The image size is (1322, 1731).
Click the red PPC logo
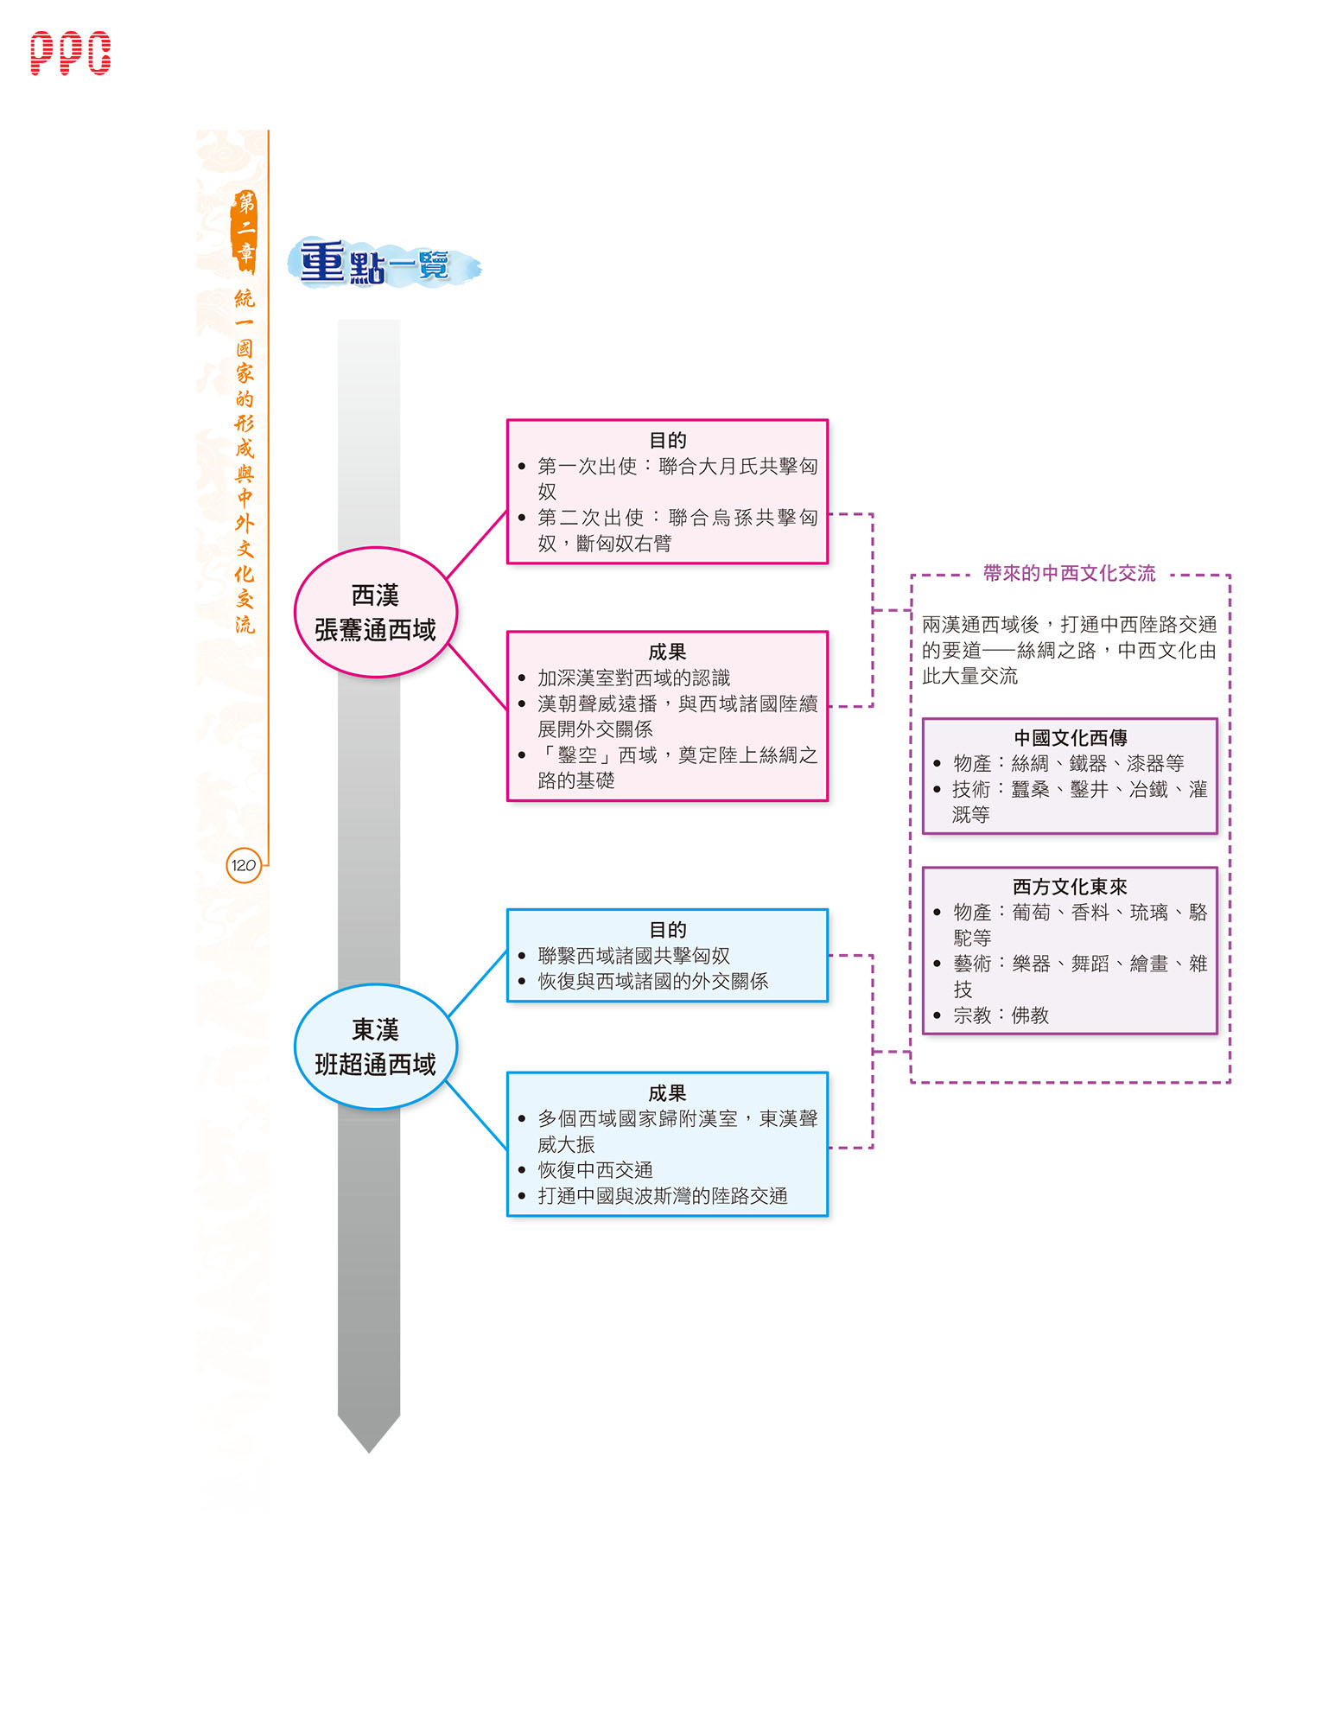[70, 54]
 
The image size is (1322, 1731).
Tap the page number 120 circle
[244, 865]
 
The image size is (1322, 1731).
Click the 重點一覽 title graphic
[384, 263]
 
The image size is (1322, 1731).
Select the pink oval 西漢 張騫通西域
[375, 612]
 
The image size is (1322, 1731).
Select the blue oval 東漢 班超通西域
[375, 1047]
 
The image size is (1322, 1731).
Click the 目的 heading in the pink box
[667, 441]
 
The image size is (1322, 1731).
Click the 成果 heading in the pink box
[667, 652]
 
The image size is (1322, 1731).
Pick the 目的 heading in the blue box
[667, 930]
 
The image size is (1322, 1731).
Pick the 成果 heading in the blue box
[667, 1093]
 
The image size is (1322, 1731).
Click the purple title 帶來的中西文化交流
[1069, 573]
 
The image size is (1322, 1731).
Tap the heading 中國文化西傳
[1070, 738]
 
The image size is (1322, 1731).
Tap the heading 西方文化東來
[1070, 887]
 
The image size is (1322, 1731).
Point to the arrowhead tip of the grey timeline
[369, 1452]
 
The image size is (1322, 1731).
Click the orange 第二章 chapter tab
[245, 229]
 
